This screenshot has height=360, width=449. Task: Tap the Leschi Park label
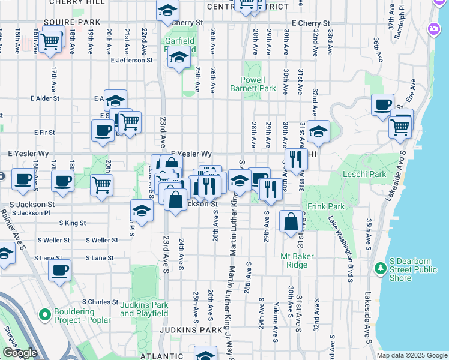pyautogui.click(x=364, y=175)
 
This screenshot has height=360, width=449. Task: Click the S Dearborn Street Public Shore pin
pyautogui.click(x=379, y=267)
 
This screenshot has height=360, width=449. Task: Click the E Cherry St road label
pyautogui.click(x=310, y=23)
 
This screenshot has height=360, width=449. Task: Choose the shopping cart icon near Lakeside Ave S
pyautogui.click(x=399, y=126)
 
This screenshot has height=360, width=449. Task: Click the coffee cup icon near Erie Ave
pyautogui.click(x=382, y=105)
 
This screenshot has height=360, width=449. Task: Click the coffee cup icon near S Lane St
pyautogui.click(x=59, y=270)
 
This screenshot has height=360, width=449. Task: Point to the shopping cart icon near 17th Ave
pyautogui.click(x=51, y=40)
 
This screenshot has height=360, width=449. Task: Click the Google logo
pyautogui.click(x=20, y=353)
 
